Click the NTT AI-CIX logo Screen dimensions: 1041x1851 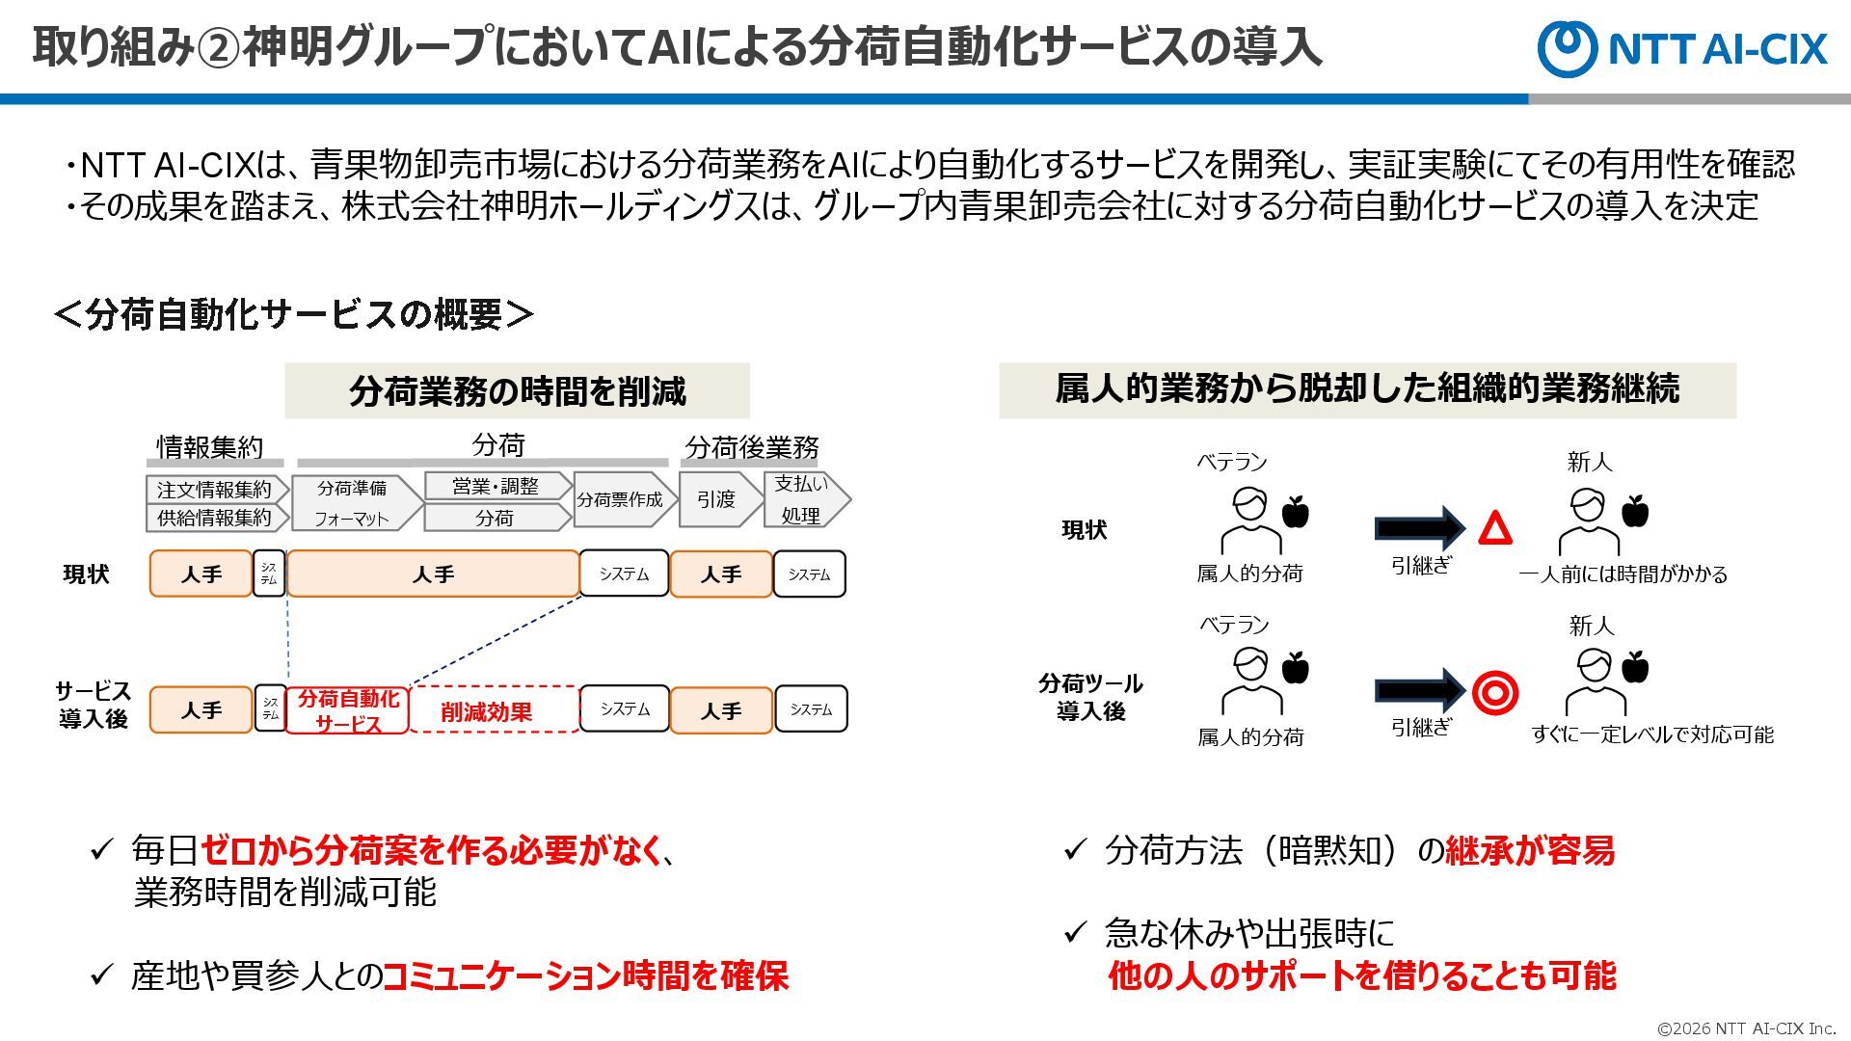coord(1682,48)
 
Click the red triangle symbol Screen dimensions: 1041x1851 coord(1495,529)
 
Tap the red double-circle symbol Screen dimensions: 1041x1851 coord(1495,691)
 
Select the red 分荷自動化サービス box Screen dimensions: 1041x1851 coord(347,710)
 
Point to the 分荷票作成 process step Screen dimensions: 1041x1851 coord(622,499)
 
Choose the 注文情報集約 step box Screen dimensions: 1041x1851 coord(215,490)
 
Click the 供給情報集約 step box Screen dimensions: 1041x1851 coord(215,518)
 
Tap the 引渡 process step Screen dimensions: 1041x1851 coord(717,499)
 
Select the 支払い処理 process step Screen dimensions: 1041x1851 coord(803,499)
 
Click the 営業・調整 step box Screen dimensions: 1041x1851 coord(496,487)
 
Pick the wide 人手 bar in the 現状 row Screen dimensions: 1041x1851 coord(433,574)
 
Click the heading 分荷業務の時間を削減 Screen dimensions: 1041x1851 coord(517,391)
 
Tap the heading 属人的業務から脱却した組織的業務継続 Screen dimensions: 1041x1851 coord(1367,389)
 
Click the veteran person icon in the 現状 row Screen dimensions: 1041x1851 coord(1250,520)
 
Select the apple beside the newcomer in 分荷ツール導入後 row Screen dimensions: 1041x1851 coord(1636,667)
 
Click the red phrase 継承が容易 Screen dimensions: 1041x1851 coord(1530,850)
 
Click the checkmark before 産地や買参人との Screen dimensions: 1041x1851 coord(101,974)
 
